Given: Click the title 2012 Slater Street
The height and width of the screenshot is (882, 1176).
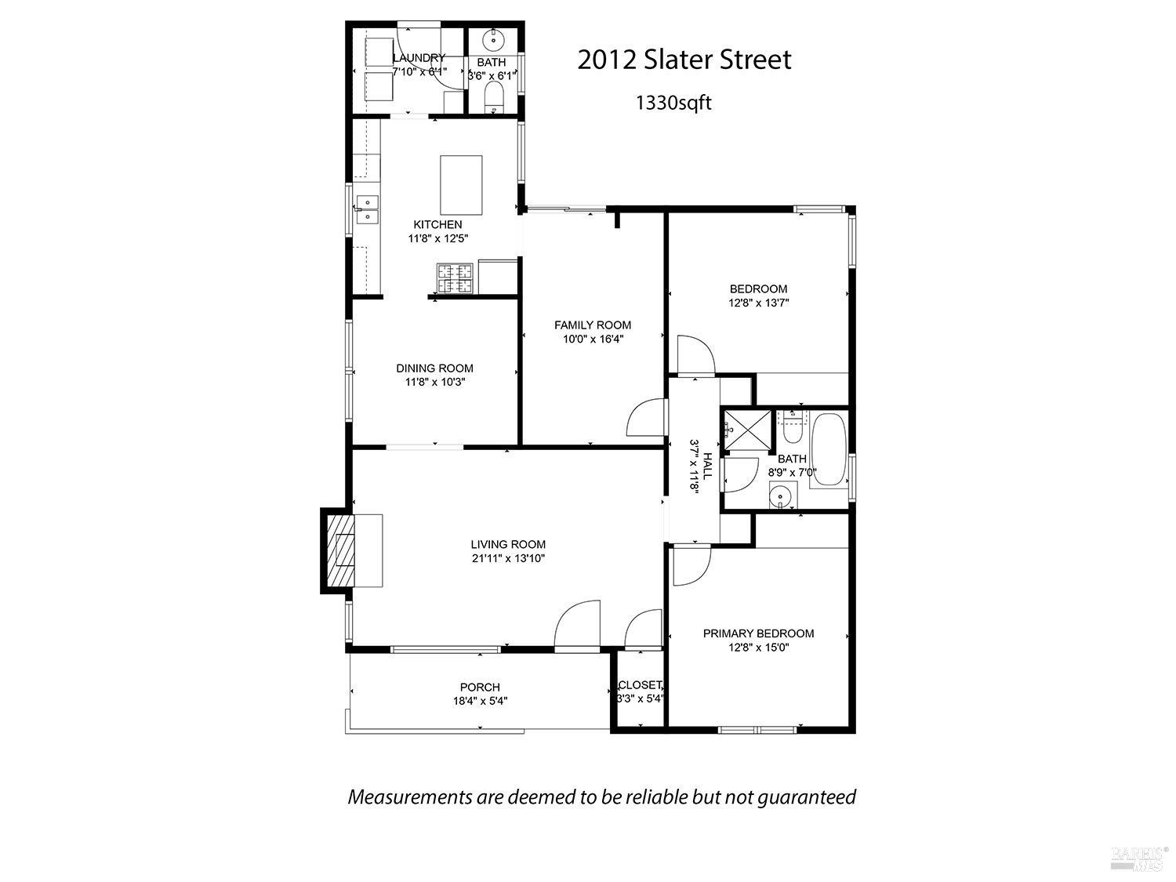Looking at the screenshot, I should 684,60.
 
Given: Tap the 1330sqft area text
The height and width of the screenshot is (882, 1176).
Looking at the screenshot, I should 673,103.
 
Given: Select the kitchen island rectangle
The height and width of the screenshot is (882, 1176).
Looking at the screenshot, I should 461,185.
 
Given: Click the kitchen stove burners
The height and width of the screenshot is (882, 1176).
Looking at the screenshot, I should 456,279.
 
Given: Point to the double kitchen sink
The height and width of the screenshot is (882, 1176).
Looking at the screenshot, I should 367,209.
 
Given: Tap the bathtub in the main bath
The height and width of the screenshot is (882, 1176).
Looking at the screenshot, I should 828,451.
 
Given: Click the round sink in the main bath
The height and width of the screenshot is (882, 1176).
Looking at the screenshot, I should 780,496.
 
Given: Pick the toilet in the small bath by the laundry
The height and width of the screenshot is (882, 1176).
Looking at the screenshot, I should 494,97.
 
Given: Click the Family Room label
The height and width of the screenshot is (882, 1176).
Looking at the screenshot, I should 592,325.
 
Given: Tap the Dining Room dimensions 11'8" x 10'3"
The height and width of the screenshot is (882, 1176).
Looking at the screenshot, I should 434,383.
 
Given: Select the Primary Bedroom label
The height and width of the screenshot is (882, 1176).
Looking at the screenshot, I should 758,633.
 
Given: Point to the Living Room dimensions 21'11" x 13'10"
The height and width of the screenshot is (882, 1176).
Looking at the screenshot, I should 508,559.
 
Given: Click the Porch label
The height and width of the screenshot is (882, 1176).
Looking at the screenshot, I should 480,688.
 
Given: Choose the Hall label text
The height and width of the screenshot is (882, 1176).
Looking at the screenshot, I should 707,466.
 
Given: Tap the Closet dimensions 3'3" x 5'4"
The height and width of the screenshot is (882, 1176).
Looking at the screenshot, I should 641,699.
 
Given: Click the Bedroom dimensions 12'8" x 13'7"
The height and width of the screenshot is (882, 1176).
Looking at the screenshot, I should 758,303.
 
